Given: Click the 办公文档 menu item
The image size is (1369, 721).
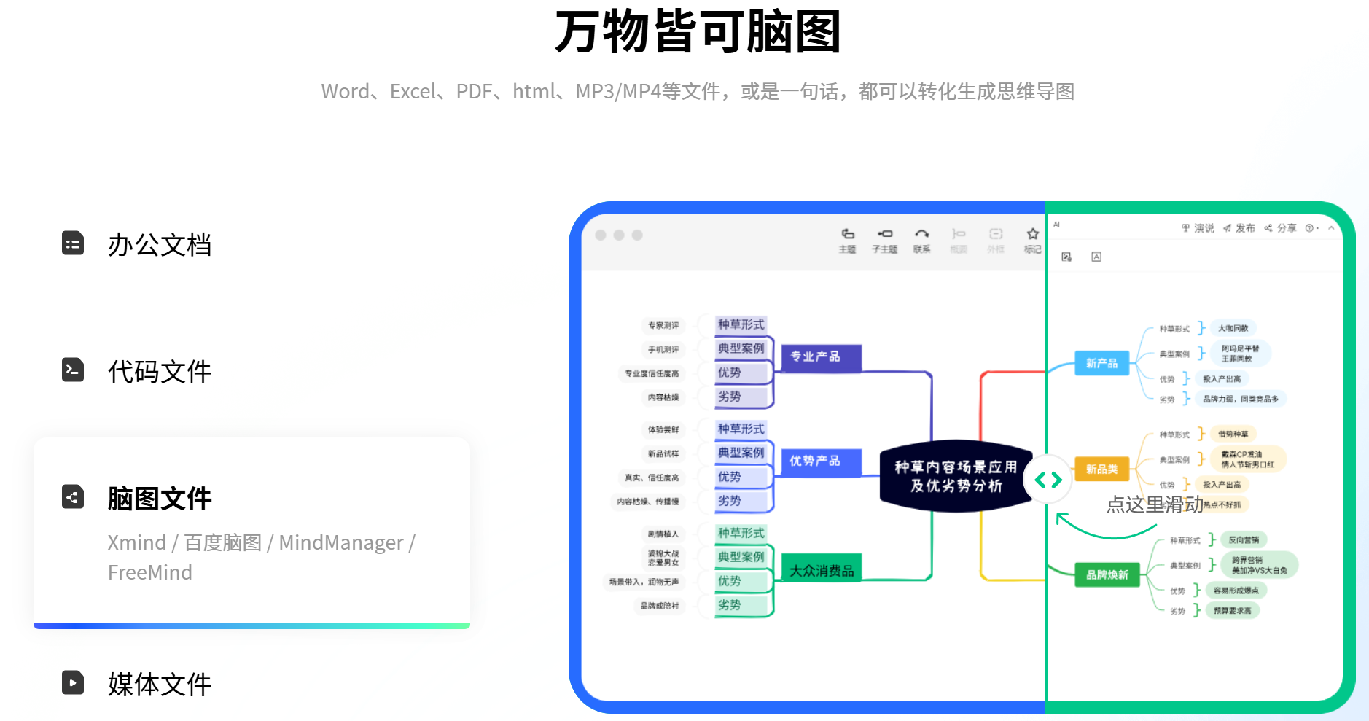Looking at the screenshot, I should [x=159, y=245].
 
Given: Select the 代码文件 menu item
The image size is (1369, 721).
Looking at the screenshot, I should [x=159, y=372].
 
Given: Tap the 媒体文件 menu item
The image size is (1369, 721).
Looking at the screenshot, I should [x=159, y=684].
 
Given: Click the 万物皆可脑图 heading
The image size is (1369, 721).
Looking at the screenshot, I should [x=698, y=32].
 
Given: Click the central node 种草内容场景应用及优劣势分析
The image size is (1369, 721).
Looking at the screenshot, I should [x=955, y=476].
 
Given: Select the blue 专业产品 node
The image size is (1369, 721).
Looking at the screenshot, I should [x=816, y=356].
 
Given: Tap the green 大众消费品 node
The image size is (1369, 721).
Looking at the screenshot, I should [x=822, y=569].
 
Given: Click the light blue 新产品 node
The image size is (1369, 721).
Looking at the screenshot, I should [x=1101, y=363].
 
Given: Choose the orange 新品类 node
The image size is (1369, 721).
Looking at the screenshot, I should [x=1101, y=469].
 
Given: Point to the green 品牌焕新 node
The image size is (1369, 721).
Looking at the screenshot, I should [x=1107, y=574].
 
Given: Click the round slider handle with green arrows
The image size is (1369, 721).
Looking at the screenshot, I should [x=1048, y=480].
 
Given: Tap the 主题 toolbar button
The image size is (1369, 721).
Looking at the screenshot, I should [x=847, y=240].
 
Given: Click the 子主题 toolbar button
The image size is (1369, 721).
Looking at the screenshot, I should [x=884, y=240].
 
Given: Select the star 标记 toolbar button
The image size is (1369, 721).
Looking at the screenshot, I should [x=1032, y=240].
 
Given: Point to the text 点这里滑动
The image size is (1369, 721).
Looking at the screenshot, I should [x=1154, y=504].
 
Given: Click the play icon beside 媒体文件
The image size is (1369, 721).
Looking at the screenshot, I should [x=73, y=682].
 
